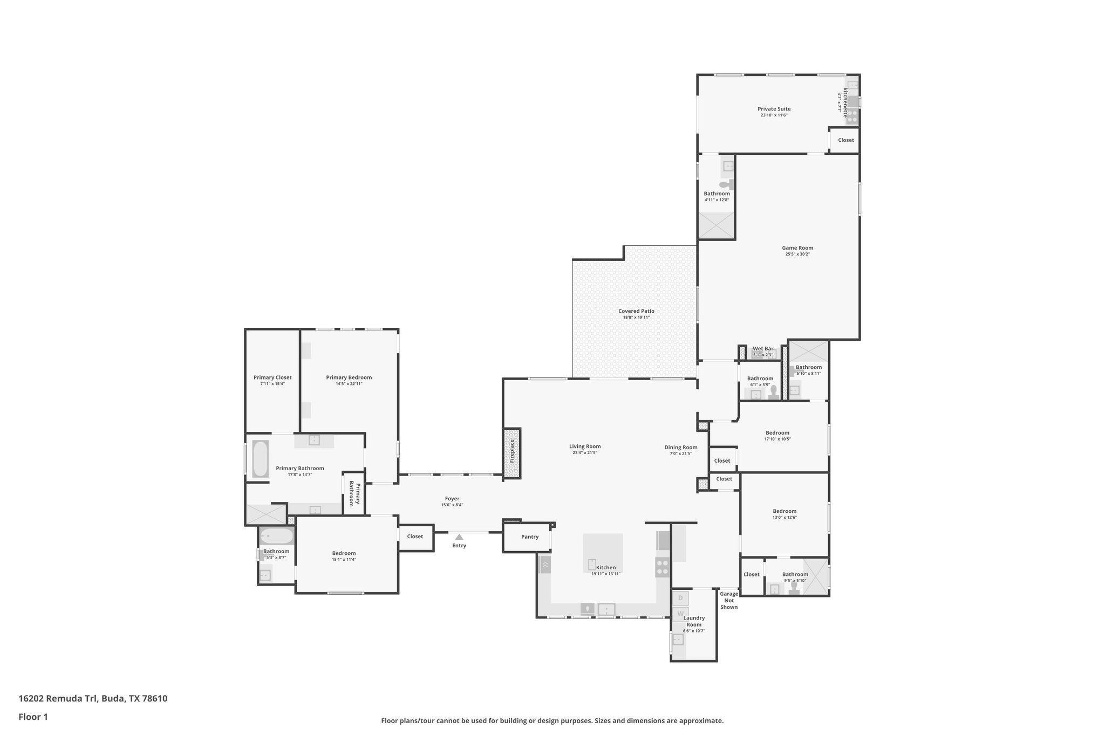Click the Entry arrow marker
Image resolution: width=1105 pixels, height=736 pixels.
(459, 537)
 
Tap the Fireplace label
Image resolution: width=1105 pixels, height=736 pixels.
(513, 452)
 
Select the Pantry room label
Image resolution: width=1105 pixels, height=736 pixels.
(530, 537)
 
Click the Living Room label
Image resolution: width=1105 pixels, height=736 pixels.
(585, 446)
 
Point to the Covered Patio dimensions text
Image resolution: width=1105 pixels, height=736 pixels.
(636, 318)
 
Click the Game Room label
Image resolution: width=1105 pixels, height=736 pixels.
(797, 248)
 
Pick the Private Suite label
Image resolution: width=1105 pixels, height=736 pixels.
(774, 109)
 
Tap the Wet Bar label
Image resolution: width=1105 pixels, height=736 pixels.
(763, 349)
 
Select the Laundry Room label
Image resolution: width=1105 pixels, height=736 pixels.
(694, 621)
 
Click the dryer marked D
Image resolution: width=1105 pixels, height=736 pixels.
(680, 598)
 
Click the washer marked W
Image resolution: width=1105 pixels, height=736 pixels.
(680, 614)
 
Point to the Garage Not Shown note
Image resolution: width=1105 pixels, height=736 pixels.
(729, 601)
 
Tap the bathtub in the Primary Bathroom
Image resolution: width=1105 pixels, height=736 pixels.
(261, 459)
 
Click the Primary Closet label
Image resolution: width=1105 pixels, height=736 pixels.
(272, 377)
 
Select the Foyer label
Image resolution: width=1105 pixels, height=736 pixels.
(452, 499)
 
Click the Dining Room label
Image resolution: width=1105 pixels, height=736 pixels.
(680, 447)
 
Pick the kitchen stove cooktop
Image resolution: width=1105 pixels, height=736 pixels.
(663, 567)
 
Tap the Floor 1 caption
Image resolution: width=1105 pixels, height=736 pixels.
(33, 717)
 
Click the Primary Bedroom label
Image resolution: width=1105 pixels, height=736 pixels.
(349, 377)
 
